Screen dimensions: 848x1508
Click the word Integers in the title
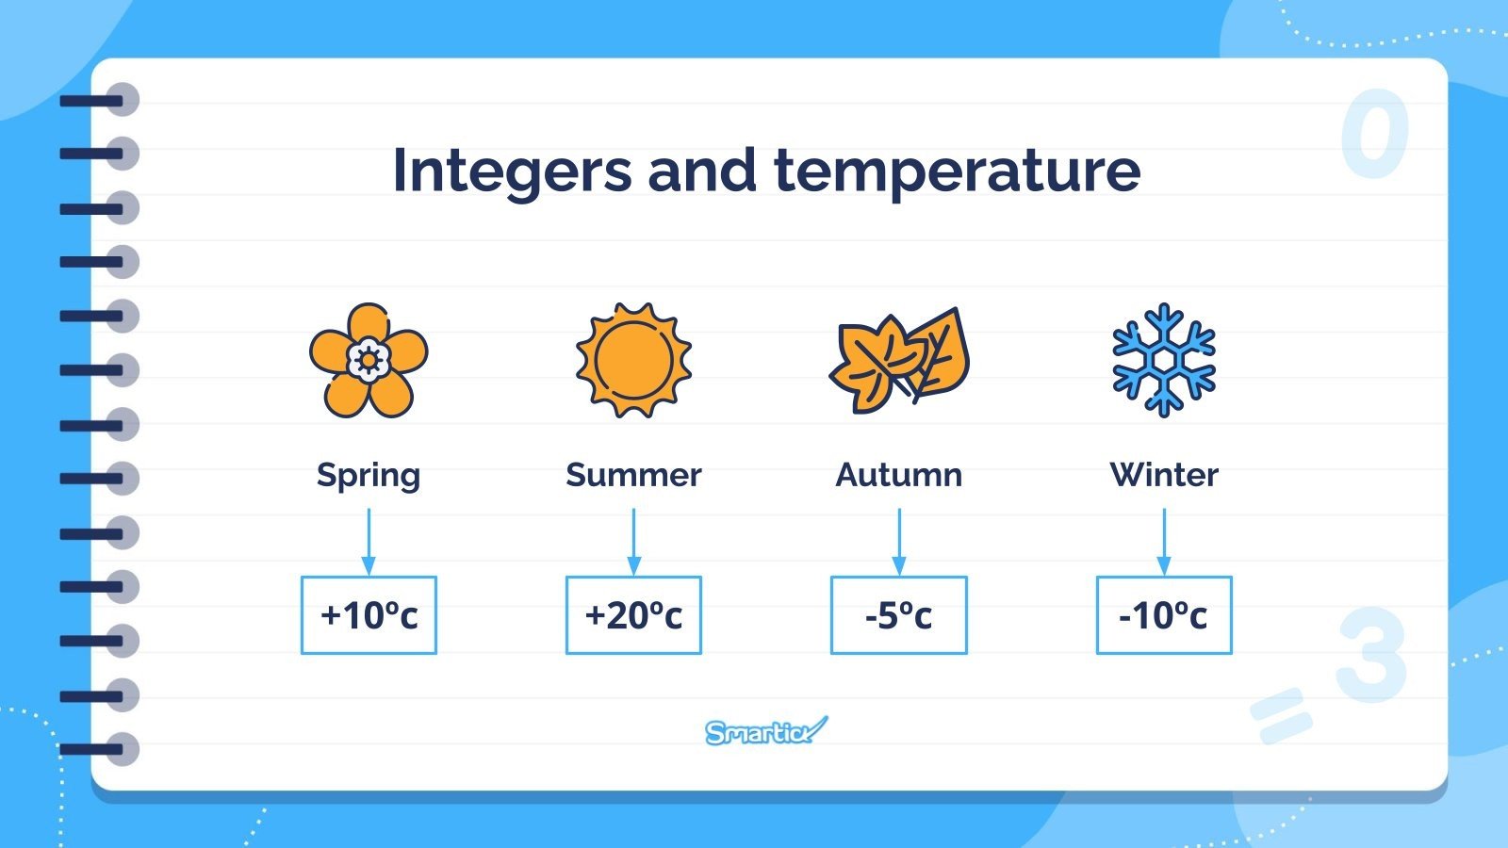512,171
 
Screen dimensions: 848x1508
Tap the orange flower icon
369,360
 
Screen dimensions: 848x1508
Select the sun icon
633,360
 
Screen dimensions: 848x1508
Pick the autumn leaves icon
899,360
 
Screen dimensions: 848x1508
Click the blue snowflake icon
1164,360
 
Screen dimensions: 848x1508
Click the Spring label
369,475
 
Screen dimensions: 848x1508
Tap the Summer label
633,475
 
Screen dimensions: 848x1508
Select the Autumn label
899,475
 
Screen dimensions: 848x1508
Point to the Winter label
1164,475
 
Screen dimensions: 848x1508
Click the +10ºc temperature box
369,615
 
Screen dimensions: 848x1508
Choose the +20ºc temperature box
633,615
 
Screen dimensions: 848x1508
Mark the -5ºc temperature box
899,615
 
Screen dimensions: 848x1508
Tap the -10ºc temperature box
1164,615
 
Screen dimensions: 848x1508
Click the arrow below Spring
369,542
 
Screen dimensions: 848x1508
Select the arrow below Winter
1164,542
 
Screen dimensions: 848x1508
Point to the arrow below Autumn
899,542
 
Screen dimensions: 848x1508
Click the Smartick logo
765,731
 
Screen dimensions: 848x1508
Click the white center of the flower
369,360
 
